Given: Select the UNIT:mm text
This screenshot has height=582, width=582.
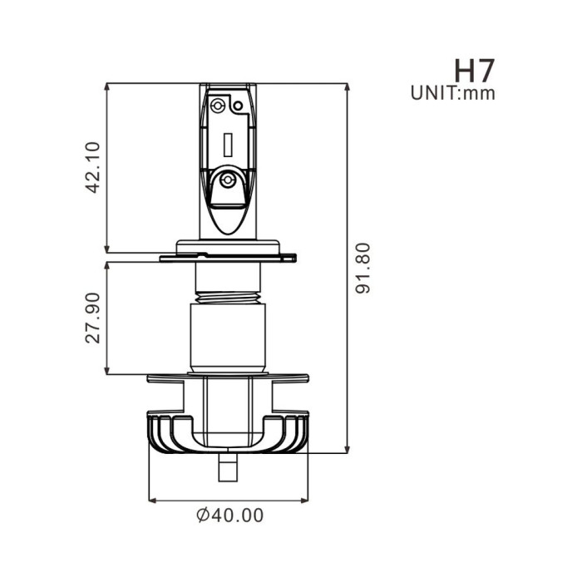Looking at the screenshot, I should pos(453,93).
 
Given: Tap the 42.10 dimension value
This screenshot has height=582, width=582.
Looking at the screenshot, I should pos(93,166).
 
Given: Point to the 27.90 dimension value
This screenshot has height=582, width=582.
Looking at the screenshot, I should pos(93,317).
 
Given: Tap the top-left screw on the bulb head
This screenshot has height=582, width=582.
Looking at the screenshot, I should pos(218,105).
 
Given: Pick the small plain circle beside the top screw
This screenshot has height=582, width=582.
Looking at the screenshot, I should pos(237,106).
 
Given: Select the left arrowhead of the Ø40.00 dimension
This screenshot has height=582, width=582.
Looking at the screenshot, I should pos(152,501).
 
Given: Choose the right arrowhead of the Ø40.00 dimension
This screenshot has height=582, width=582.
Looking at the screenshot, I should pos(305,501).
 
